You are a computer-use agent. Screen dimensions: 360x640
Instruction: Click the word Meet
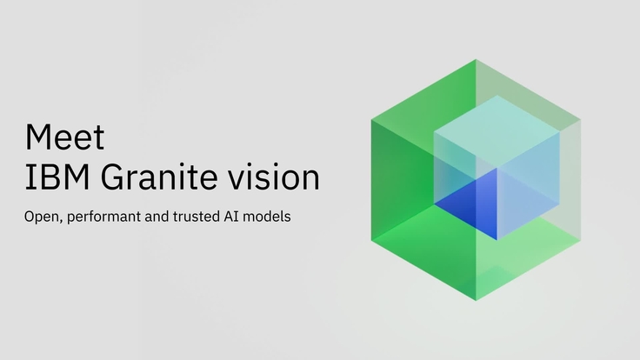[x=65, y=137]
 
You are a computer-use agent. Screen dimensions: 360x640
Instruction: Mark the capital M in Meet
[x=38, y=137]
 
